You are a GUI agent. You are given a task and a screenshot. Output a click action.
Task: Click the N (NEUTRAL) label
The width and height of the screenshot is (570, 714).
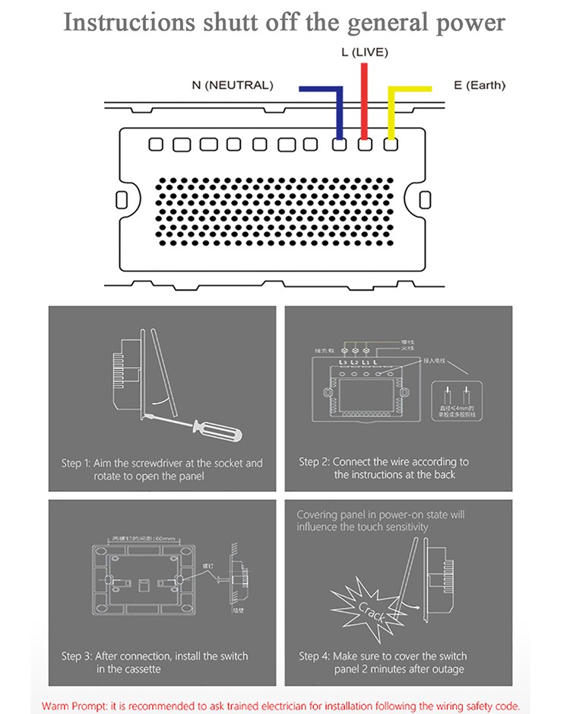click(232, 85)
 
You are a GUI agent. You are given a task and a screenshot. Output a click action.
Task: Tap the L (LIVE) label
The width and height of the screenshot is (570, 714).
click(364, 53)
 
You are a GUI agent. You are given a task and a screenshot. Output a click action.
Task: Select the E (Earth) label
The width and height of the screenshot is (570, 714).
click(480, 85)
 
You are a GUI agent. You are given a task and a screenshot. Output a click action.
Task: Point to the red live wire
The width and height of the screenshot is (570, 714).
click(365, 99)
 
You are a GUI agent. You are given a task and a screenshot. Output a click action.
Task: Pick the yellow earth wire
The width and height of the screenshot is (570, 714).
click(391, 107)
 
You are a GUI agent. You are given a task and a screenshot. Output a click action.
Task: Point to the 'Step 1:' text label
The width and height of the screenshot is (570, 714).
click(76, 463)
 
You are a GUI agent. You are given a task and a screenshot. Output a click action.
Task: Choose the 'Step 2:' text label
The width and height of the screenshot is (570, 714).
click(314, 461)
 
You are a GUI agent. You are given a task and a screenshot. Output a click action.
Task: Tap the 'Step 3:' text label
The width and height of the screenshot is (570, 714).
click(76, 656)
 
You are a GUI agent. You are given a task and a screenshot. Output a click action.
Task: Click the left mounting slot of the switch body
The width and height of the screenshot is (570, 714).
click(122, 199)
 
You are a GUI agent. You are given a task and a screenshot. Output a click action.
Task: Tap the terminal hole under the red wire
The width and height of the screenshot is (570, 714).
click(365, 144)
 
